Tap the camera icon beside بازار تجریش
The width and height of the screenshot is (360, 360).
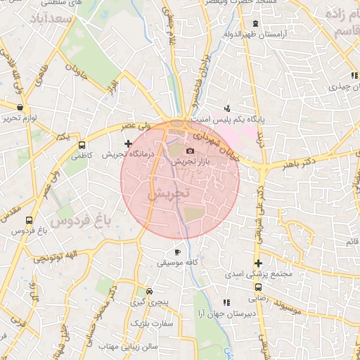189,151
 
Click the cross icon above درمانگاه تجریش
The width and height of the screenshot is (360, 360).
127,143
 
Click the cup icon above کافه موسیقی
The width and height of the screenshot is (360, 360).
177,252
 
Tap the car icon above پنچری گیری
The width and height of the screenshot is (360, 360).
148,292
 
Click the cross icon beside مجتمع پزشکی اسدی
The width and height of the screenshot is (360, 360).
259,263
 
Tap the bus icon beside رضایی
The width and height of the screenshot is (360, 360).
259,287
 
